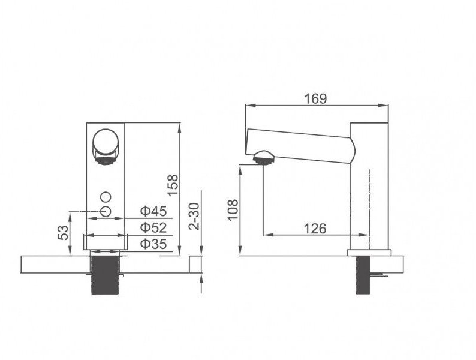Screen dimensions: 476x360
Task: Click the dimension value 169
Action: [316, 99]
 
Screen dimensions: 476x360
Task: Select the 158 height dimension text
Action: [173, 185]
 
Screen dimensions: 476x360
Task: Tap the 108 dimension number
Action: [233, 210]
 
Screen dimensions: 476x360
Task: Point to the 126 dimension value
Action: [315, 229]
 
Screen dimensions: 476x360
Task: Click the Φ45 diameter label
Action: [153, 211]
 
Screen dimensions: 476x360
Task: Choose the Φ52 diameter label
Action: [153, 227]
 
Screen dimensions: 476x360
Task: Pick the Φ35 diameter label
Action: [153, 244]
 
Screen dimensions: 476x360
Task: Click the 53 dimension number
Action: [64, 233]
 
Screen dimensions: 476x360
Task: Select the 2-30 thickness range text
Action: [194, 216]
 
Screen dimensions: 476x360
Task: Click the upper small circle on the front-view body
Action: [106, 197]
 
